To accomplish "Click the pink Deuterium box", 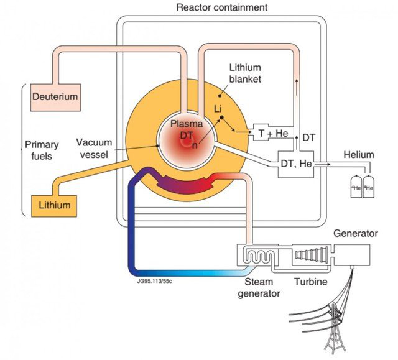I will point(55,97).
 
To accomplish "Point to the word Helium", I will point(358,154).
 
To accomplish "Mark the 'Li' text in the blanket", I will point(218,109).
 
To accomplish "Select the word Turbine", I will point(312,282).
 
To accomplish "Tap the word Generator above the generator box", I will point(355,234).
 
